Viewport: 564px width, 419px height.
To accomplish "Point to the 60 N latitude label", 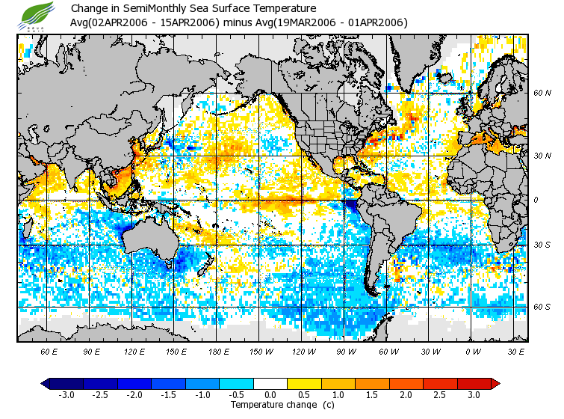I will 542,93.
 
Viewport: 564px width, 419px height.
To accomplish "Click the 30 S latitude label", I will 542,245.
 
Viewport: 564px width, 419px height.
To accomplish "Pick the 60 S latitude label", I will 542,307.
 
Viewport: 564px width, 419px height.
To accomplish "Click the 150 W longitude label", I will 261,351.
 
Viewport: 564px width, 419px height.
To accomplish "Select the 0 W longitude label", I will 473,351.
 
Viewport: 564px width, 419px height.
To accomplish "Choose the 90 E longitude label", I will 92,351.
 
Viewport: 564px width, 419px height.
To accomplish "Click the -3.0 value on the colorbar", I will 66,394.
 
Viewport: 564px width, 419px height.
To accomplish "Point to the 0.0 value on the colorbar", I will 270,394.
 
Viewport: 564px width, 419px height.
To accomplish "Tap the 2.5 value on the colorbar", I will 440,394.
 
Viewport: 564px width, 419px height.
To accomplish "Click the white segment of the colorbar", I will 270,383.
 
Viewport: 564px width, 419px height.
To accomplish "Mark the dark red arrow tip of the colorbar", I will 495,383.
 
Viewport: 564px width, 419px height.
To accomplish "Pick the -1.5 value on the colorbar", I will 168,394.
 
